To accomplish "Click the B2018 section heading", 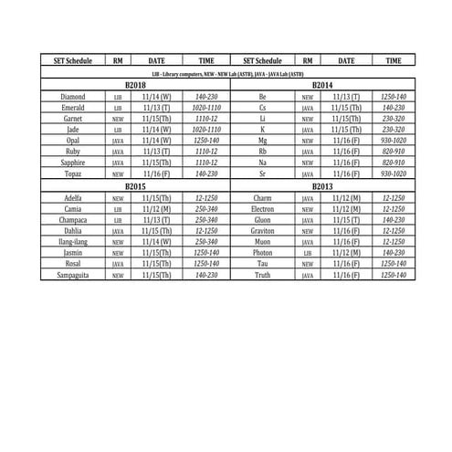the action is click(135, 84).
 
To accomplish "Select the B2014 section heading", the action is click(322, 84).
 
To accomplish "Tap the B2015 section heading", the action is click(135, 186).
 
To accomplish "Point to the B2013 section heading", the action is click(322, 186).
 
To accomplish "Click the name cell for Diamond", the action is click(73, 96).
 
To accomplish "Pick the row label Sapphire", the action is click(73, 162).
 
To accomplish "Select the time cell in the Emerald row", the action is click(206, 107).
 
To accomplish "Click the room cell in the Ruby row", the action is click(118, 151).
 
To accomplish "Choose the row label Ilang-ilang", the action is click(73, 241).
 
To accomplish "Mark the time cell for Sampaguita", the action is click(206, 274).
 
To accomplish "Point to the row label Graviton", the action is click(262, 230).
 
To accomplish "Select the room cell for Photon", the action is click(308, 252).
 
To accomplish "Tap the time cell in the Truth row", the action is click(393, 274).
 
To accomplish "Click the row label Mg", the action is click(262, 140).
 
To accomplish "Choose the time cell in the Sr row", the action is click(393, 173).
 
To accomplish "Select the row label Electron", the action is click(262, 208).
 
